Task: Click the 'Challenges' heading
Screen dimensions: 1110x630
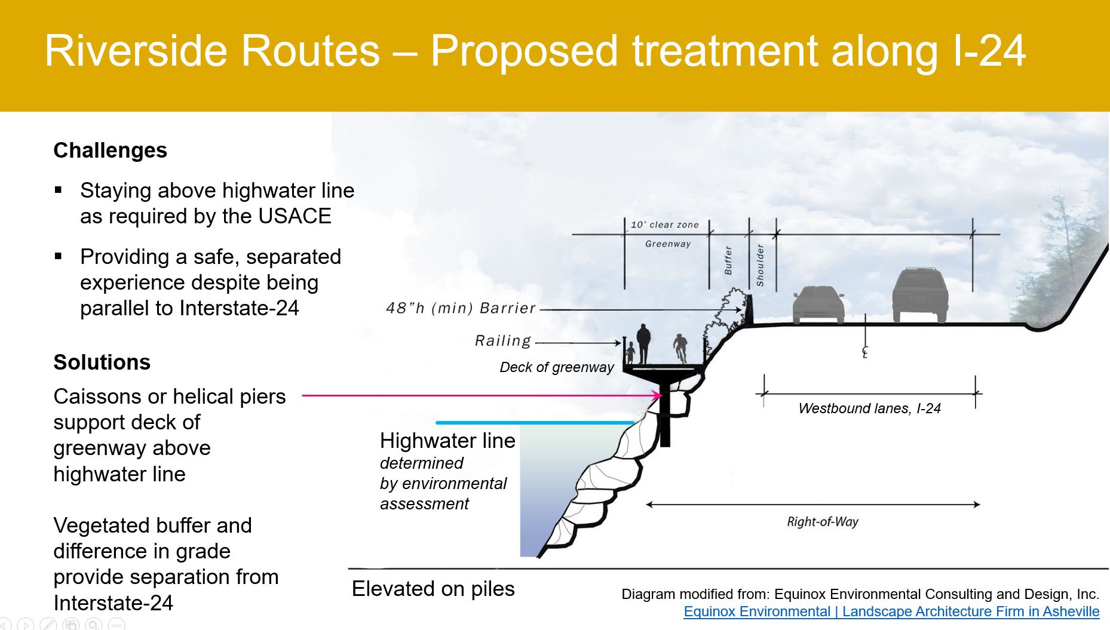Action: pos(110,150)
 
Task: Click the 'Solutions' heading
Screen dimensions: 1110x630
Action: pos(102,362)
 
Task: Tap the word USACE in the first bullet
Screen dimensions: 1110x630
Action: pos(295,216)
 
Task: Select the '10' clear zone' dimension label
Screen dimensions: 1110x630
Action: pos(665,225)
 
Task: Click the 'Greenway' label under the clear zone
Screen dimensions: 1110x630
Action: pos(668,244)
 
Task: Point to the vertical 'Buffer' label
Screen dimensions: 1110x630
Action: pos(728,260)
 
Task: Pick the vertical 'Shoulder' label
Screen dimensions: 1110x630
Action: pos(760,265)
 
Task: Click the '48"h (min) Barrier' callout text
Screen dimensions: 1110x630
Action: pos(461,308)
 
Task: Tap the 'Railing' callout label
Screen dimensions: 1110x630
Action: pos(503,340)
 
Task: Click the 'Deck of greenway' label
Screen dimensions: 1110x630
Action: pos(557,367)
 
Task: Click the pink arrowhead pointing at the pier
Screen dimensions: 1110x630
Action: pos(658,395)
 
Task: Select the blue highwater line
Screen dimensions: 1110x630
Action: pos(535,423)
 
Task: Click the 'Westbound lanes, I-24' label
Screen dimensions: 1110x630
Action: pos(870,408)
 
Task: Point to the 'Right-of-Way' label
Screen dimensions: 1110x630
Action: pos(823,522)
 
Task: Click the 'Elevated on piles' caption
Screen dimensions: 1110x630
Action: pos(433,589)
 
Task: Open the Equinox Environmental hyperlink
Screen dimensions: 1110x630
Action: pos(891,611)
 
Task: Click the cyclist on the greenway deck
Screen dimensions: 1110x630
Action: pos(680,349)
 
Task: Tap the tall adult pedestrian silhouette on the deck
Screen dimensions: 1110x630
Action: pos(643,343)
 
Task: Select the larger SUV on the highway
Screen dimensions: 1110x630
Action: pos(920,295)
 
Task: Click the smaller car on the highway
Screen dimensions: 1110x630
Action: pos(818,305)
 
